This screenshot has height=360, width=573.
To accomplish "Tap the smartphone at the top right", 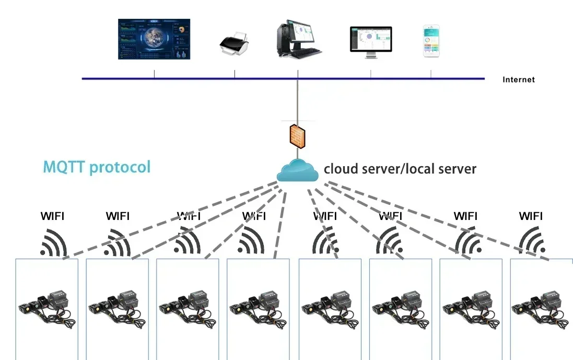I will [431, 41].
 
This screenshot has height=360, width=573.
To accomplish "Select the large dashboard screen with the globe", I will [154, 39].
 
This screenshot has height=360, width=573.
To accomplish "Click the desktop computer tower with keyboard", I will [298, 39].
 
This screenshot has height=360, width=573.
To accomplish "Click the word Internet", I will [518, 80].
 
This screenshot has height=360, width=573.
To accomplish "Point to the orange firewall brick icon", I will [297, 135].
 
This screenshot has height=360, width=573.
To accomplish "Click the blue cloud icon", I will [298, 171].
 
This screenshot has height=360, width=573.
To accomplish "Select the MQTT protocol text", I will [97, 167].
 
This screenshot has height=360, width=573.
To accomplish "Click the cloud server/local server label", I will [400, 169].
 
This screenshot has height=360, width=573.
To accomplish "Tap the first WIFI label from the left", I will [53, 216].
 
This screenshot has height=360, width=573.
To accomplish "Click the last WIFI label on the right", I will [531, 216].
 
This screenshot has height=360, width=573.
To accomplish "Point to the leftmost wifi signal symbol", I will [53, 242].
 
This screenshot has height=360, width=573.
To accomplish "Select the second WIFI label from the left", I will [118, 216].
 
